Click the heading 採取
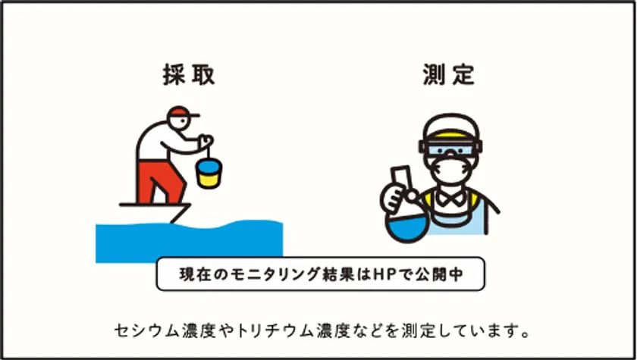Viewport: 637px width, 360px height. click(189, 75)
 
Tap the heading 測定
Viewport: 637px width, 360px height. click(448, 75)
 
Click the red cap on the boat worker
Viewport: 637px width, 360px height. click(180, 111)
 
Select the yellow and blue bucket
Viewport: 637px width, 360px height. click(209, 174)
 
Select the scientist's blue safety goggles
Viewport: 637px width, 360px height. click(450, 148)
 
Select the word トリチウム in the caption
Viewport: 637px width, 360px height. click(275, 331)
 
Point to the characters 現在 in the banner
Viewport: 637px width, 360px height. click(193, 274)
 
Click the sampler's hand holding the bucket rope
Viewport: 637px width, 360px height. click(206, 141)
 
